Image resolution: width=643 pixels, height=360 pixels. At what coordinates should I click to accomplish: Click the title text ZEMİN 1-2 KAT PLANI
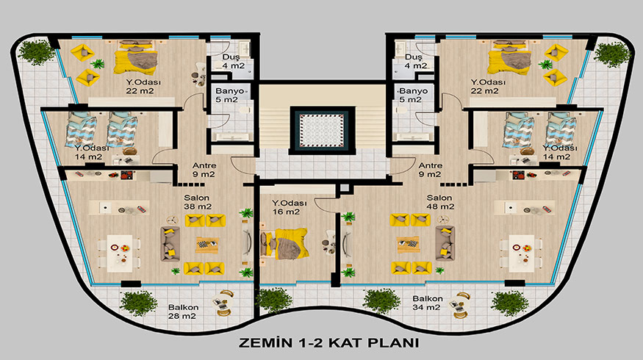click(x=329, y=342)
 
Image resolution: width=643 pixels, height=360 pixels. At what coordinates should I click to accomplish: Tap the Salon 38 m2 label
click(x=197, y=202)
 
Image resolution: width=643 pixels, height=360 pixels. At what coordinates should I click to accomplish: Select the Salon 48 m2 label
click(x=440, y=202)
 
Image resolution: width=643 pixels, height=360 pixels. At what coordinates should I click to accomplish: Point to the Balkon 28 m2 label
click(x=183, y=312)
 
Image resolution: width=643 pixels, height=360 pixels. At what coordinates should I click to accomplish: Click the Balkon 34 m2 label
click(x=427, y=303)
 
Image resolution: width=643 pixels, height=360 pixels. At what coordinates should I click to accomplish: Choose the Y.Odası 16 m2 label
click(x=289, y=207)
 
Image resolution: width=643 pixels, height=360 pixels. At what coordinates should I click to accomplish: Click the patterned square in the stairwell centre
click(x=322, y=130)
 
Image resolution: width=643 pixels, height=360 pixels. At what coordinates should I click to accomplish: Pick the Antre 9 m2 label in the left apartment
click(x=204, y=170)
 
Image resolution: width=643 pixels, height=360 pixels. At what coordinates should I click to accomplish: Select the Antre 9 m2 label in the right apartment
click(x=430, y=170)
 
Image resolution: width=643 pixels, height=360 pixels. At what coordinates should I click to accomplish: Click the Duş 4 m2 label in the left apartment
click(x=234, y=62)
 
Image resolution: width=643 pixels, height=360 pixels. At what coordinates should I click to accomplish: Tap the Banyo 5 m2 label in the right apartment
click(x=413, y=95)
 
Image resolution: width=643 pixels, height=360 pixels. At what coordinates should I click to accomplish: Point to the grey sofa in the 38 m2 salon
click(x=170, y=244)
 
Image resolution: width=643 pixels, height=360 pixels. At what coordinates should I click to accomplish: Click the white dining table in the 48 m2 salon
click(x=521, y=253)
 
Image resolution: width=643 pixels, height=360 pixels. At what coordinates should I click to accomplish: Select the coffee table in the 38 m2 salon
click(x=207, y=245)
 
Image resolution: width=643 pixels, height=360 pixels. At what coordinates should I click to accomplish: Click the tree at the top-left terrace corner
click(x=36, y=52)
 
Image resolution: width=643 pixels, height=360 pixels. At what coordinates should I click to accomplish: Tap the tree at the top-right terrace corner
click(x=612, y=54)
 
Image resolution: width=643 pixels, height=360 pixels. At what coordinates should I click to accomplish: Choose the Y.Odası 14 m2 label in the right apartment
click(x=560, y=152)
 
